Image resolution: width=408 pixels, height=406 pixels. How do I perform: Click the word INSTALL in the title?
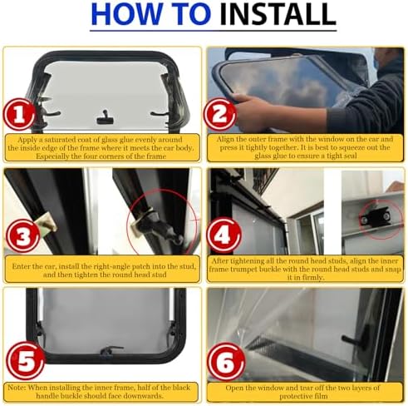click(278, 13)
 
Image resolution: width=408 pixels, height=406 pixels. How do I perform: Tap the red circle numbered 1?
click(19, 114)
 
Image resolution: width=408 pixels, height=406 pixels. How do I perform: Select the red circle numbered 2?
click(220, 114)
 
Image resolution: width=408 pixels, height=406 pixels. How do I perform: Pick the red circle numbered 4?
click(224, 235)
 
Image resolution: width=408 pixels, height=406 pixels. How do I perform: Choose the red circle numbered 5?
click(25, 360)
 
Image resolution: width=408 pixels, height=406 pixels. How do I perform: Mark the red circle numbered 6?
click(226, 361)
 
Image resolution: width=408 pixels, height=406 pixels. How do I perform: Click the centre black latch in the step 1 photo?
click(105, 118)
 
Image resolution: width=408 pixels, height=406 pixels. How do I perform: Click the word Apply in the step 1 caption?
click(28, 140)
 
